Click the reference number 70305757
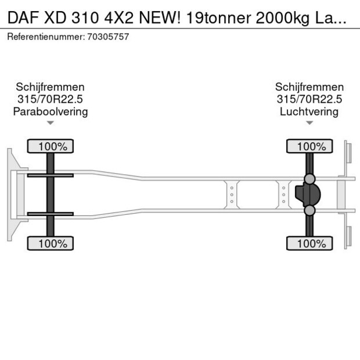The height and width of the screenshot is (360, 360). pyautogui.click(x=109, y=37)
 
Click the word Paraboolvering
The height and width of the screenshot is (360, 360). pyautogui.click(x=51, y=111)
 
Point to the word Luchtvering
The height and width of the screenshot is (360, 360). pyautogui.click(x=309, y=111)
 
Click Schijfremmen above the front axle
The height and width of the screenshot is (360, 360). pyautogui.click(x=51, y=87)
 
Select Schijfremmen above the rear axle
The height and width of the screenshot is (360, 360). pyautogui.click(x=309, y=87)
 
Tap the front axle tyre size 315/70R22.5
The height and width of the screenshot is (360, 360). pyautogui.click(x=51, y=99)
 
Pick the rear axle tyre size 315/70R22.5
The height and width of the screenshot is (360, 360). pyautogui.click(x=309, y=99)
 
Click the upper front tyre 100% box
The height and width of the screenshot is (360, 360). pyautogui.click(x=51, y=146)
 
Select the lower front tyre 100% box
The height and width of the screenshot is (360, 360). pyautogui.click(x=51, y=243)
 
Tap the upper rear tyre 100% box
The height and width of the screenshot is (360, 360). pyautogui.click(x=310, y=146)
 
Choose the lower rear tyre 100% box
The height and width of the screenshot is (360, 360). pyautogui.click(x=310, y=243)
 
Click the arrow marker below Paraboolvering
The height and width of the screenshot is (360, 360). pyautogui.click(x=51, y=123)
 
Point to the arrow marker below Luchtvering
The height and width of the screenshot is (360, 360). pyautogui.click(x=309, y=123)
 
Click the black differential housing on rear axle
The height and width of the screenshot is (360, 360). pyautogui.click(x=308, y=195)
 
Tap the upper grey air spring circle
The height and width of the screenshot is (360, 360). pyautogui.click(x=310, y=178)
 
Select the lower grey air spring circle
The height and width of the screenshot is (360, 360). pyautogui.click(x=310, y=211)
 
